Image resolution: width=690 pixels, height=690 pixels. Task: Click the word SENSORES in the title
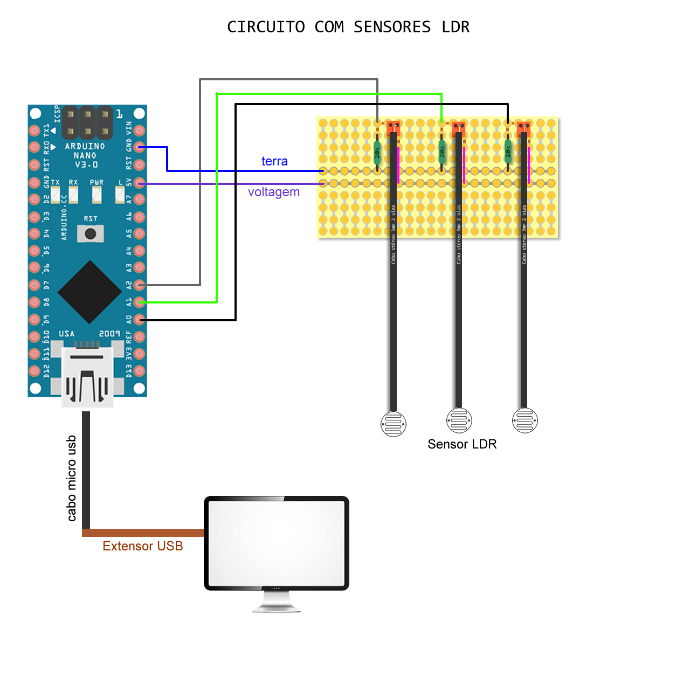[392, 27]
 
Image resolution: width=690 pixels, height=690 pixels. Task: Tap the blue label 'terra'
[274, 161]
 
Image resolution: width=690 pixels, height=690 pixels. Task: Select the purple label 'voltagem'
[274, 192]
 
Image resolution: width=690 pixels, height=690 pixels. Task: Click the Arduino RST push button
[90, 234]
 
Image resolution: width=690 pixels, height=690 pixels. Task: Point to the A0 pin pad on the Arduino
[140, 320]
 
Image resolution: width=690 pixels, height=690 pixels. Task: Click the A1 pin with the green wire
[140, 302]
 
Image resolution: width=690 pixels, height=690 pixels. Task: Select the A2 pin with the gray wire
[140, 285]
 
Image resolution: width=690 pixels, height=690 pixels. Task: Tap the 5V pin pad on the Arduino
[140, 183]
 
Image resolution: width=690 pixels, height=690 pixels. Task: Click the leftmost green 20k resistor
[377, 153]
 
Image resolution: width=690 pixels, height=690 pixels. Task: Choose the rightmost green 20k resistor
[508, 153]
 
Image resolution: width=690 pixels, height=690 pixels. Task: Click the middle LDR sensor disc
[459, 420]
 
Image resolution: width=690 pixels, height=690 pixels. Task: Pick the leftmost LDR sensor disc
[394, 424]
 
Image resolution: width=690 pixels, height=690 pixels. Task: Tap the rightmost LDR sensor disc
[525, 420]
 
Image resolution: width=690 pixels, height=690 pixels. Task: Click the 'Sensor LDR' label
[462, 444]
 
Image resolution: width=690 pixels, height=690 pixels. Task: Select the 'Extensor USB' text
[143, 546]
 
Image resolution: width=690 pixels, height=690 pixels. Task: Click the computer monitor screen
[277, 542]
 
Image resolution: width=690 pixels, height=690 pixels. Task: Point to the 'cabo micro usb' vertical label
[72, 478]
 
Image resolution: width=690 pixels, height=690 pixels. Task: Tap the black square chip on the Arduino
[89, 292]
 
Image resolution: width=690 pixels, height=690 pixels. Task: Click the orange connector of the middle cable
[459, 128]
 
